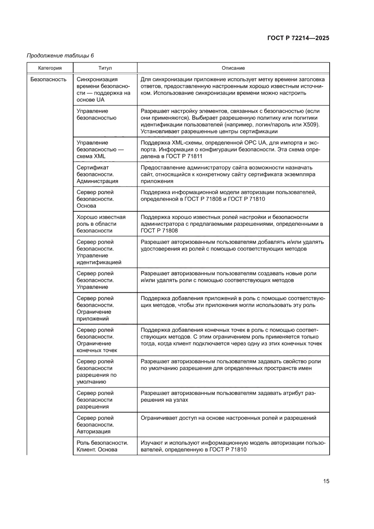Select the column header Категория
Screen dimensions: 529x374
click(50, 68)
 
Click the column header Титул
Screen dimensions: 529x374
click(105, 68)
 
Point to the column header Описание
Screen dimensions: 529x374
click(233, 68)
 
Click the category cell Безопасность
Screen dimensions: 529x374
click(48, 80)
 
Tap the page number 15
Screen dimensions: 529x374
click(326, 481)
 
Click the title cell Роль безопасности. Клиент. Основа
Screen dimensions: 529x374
click(103, 446)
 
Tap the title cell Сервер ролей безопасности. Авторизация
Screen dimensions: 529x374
click(95, 424)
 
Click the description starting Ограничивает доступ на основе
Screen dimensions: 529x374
click(228, 418)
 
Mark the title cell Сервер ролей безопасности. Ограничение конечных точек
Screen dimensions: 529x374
click(97, 340)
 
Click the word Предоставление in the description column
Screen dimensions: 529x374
click(162, 167)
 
